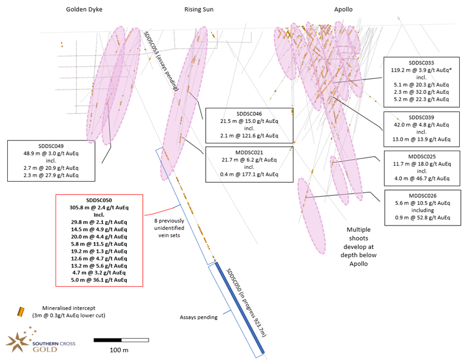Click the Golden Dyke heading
point(84,9)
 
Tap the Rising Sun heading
point(198,9)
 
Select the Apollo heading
point(343,9)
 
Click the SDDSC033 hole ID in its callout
point(421,63)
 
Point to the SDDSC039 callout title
point(421,117)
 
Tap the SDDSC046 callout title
point(249,114)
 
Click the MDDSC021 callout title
point(249,152)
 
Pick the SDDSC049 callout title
point(51,146)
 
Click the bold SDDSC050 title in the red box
point(99,200)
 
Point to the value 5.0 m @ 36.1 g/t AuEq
point(99,280)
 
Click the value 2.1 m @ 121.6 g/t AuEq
point(249,136)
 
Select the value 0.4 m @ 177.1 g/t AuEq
point(249,174)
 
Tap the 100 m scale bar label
point(120,350)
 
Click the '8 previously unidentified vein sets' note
point(168,228)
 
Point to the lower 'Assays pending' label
point(198,318)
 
